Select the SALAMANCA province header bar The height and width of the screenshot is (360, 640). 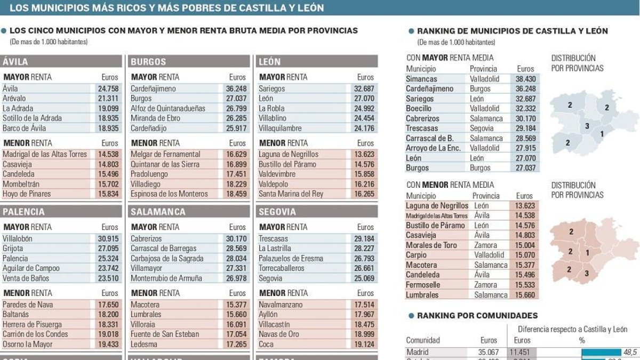[x=158, y=212]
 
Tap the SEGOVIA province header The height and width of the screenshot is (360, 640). [x=277, y=212]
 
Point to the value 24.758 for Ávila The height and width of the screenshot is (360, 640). [x=108, y=89]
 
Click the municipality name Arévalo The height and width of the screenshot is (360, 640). [x=14, y=98]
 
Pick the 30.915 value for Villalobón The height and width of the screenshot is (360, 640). [x=108, y=238]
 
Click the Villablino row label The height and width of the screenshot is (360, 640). [x=273, y=118]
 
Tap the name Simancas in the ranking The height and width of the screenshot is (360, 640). [x=421, y=78]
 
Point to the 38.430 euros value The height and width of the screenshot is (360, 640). [x=526, y=78]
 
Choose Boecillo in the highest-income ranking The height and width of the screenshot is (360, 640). [x=419, y=108]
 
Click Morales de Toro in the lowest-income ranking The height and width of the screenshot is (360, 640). [x=431, y=245]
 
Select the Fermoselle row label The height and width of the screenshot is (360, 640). [x=423, y=285]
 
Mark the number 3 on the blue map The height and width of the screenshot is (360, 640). [x=587, y=126]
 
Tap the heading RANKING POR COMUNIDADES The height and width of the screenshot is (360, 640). [x=477, y=316]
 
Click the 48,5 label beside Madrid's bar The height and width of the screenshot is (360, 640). [x=629, y=352]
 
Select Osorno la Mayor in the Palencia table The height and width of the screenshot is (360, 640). [x=27, y=345]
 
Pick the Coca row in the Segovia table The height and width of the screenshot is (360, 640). [x=267, y=345]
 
